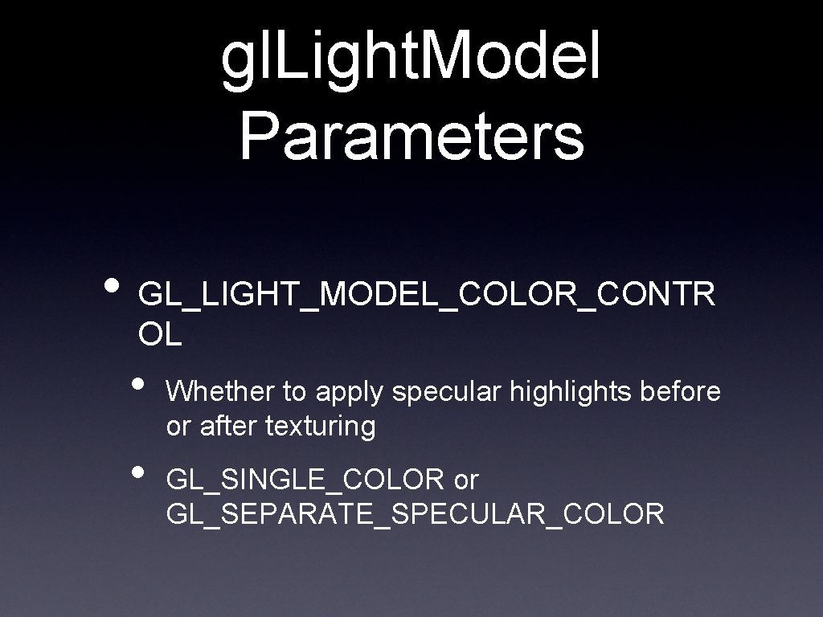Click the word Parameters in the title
[x=411, y=136]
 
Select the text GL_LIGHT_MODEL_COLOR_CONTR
[x=427, y=295]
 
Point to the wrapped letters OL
[x=160, y=335]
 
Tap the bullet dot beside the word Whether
[x=140, y=383]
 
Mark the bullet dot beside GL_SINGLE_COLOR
[x=140, y=472]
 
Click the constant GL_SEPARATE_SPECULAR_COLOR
[x=415, y=514]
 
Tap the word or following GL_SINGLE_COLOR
[x=466, y=481]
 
